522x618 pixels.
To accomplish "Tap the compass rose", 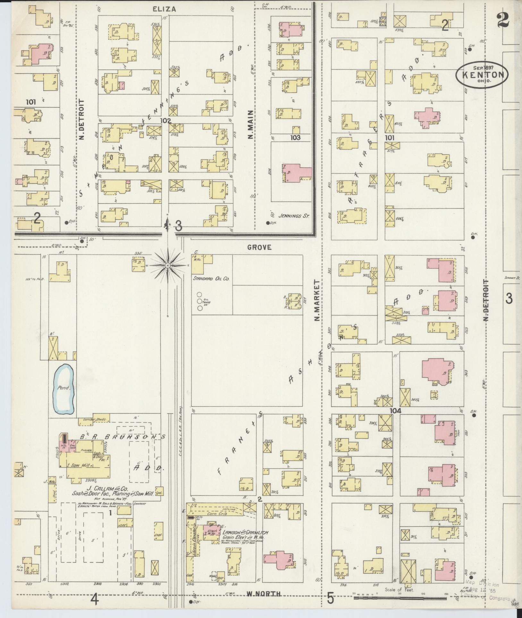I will (168, 266).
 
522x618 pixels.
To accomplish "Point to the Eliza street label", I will (164, 9).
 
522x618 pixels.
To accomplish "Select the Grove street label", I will (259, 247).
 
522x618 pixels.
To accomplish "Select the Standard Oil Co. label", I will (211, 279).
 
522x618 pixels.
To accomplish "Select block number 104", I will (396, 411).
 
